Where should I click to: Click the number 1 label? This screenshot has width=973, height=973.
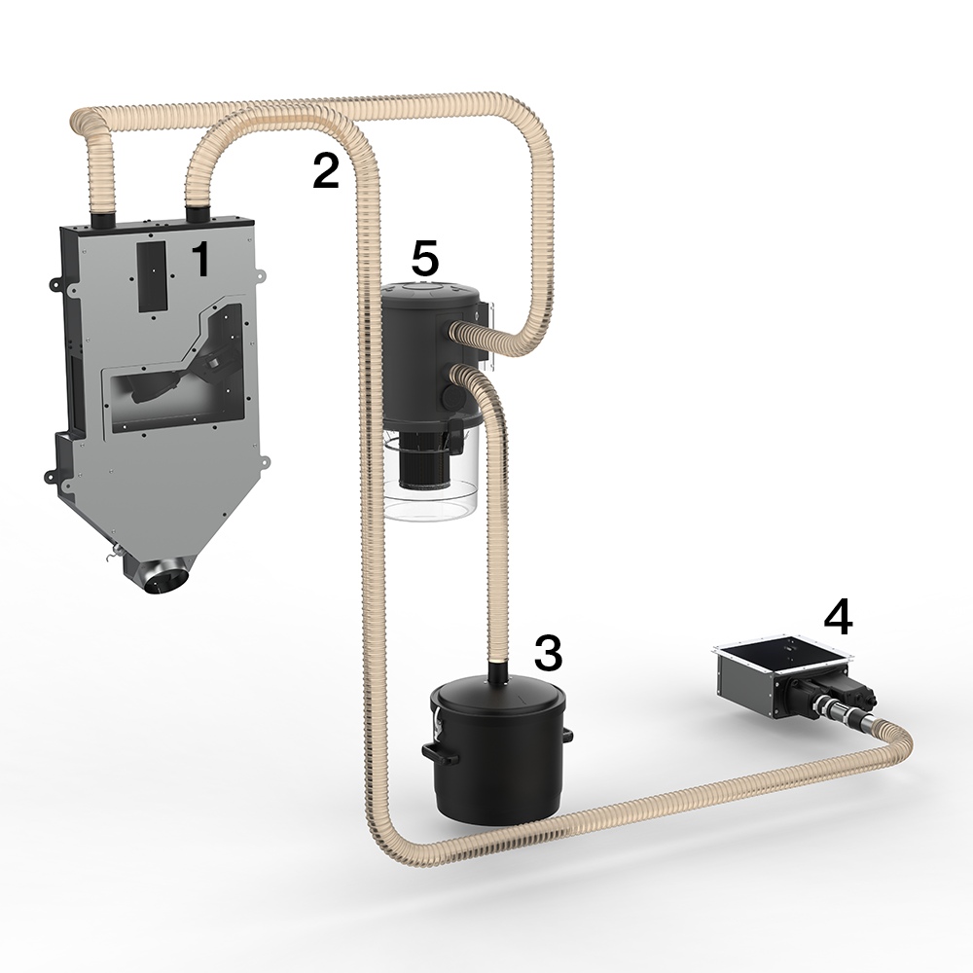point(200,259)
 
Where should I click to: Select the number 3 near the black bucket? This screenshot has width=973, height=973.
point(549,652)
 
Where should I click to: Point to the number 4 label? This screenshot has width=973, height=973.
point(838,618)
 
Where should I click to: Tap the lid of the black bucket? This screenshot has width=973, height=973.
point(498,697)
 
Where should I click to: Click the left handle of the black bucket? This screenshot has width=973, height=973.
point(441,753)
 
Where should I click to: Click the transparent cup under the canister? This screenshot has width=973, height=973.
point(431,490)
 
